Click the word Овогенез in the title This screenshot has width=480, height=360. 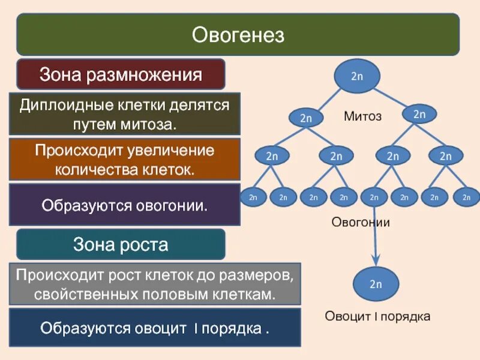click(x=238, y=35)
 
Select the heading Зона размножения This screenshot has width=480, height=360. click(x=121, y=75)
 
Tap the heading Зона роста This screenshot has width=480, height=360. click(x=121, y=244)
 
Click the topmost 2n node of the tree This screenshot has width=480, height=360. click(x=357, y=76)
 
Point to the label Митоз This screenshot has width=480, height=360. click(x=362, y=116)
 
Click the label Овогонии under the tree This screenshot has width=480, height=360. click(x=361, y=223)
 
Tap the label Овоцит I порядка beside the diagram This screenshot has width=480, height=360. click(x=377, y=316)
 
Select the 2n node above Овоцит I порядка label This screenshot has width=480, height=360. click(x=376, y=284)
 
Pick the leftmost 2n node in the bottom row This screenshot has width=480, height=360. click(x=253, y=197)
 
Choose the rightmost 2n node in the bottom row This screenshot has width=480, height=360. click(x=466, y=197)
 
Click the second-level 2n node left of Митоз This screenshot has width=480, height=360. click(x=306, y=118)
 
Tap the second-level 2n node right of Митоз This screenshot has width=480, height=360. click(x=419, y=114)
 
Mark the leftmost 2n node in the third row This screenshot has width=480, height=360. click(x=272, y=156)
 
